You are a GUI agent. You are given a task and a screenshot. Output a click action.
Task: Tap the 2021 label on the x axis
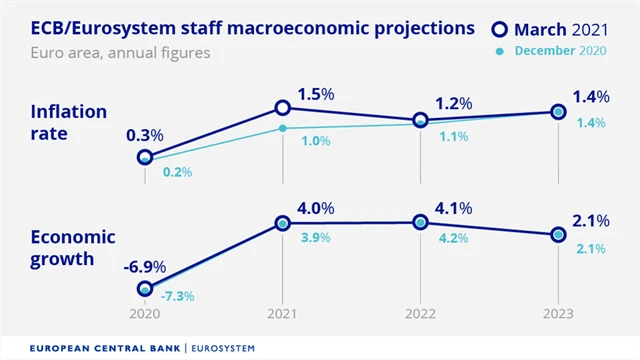tap(283, 313)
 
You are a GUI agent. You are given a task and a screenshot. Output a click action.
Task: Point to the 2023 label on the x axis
tap(558, 313)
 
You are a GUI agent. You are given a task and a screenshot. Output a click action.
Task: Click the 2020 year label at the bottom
tap(145, 313)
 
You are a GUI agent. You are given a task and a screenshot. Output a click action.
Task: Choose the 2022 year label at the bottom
tap(421, 313)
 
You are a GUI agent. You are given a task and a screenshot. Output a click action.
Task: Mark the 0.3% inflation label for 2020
tap(146, 135)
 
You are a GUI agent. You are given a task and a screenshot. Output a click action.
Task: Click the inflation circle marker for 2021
tap(283, 107)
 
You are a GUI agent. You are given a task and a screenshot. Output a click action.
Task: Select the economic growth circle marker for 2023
tap(558, 234)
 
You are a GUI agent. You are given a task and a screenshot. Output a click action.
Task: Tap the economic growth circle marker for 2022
tap(421, 222)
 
